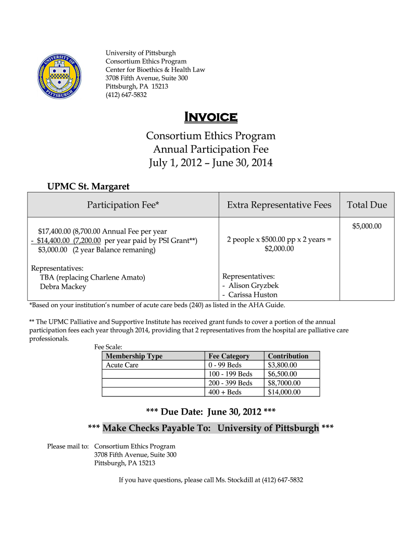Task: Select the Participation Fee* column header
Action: (122, 205)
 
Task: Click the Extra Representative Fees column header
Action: (279, 205)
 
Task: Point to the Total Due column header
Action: (367, 205)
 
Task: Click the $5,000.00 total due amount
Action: (367, 226)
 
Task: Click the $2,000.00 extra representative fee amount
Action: (279, 249)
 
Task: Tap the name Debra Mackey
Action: (63, 286)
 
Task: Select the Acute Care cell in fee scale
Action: (122, 365)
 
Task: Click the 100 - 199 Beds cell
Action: (230, 374)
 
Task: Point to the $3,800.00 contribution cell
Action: (282, 365)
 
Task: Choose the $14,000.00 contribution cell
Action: (284, 392)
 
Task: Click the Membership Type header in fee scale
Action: (134, 356)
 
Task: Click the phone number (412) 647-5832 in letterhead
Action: (126, 95)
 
